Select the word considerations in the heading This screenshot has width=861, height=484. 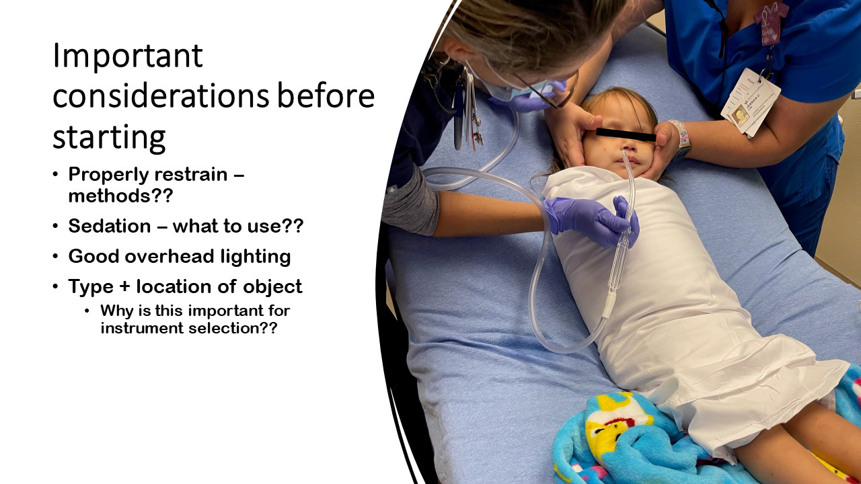(161, 95)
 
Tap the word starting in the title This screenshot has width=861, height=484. (109, 138)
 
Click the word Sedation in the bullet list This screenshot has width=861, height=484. (110, 225)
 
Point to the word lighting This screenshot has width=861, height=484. (256, 257)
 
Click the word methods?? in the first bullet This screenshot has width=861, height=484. (120, 196)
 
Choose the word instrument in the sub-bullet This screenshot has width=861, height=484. (142, 328)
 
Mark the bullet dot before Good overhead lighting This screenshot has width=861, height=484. (56, 256)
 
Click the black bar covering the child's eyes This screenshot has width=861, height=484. (626, 134)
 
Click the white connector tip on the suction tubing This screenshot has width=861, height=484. (609, 305)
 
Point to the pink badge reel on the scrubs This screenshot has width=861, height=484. (770, 21)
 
